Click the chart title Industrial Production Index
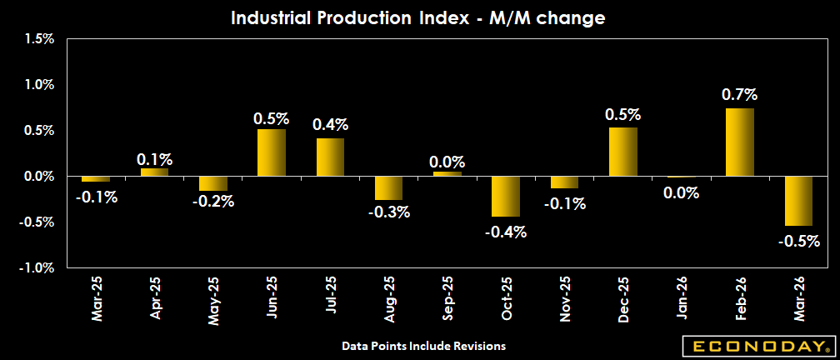418,17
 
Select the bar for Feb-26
740,142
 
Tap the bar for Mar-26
798,201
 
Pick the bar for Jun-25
272,152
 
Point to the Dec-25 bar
623,152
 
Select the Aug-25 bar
388,187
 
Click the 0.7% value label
740,95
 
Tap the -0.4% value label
506,232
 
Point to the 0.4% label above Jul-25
330,125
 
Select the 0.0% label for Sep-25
447,162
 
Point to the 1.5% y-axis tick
39,38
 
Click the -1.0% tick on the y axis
37,267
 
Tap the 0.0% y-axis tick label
39,176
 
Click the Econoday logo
757,346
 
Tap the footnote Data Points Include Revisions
424,345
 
